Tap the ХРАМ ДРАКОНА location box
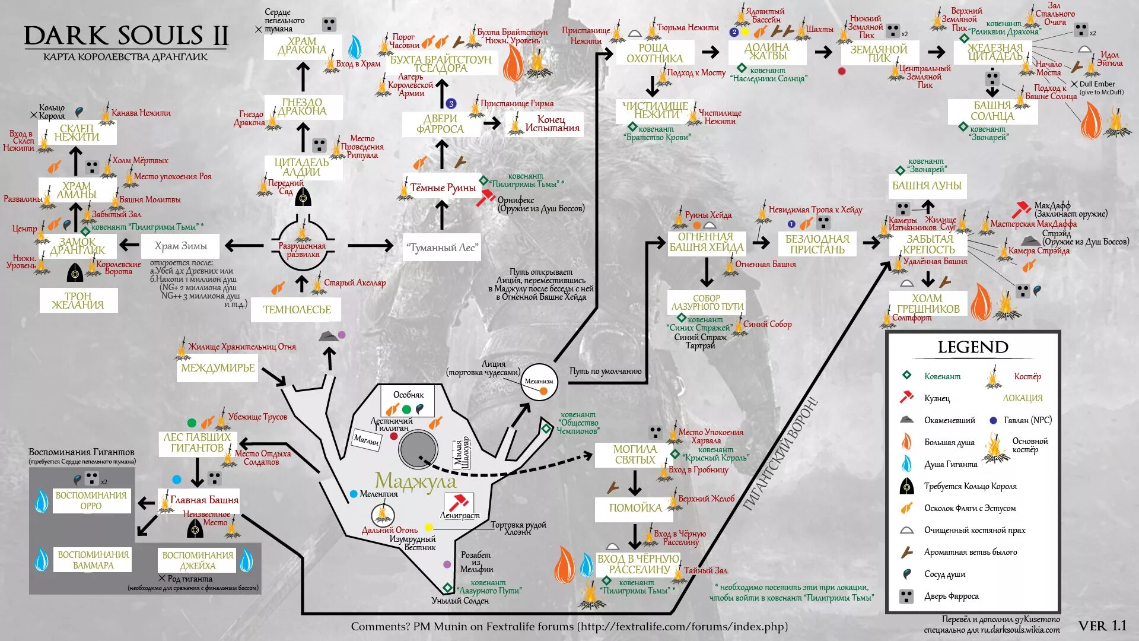tap(303, 46)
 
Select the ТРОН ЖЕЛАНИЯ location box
tap(78, 300)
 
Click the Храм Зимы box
tap(181, 246)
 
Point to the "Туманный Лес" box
tap(442, 247)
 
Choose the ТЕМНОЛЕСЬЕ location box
tap(297, 309)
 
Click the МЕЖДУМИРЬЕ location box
tap(218, 368)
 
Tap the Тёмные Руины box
tap(443, 188)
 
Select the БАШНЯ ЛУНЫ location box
tap(927, 186)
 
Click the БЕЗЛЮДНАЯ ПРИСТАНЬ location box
tap(817, 244)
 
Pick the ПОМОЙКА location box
tap(635, 508)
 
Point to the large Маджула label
tap(416, 481)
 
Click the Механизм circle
tap(539, 382)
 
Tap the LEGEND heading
tap(973, 347)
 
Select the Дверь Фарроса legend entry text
tap(951, 596)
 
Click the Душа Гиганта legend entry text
tap(950, 464)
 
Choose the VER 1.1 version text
tap(1102, 626)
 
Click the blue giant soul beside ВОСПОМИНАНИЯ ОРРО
tap(42, 500)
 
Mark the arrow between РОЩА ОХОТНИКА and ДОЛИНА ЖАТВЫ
tap(710, 52)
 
